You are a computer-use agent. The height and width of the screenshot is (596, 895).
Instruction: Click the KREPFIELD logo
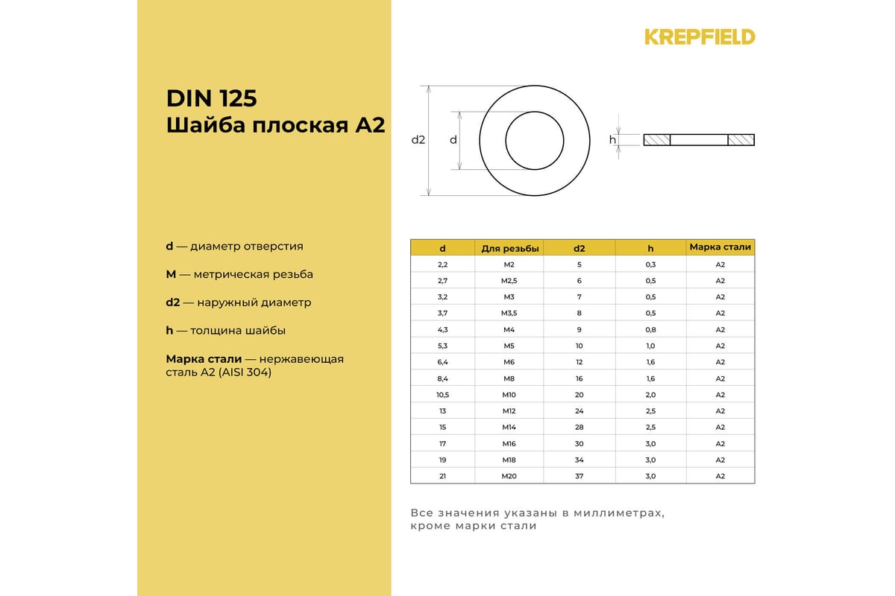(700, 37)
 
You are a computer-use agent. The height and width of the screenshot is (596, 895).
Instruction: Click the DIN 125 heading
(211, 99)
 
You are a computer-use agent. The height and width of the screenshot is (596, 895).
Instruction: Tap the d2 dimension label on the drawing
(418, 140)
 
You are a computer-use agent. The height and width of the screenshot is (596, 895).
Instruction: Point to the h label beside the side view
(612, 140)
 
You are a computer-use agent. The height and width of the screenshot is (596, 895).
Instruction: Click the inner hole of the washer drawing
(535, 140)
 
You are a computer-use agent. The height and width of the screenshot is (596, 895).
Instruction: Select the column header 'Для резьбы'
(509, 248)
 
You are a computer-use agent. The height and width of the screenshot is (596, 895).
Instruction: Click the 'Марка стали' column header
(720, 247)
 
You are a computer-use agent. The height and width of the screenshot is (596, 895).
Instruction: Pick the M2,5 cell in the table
(509, 281)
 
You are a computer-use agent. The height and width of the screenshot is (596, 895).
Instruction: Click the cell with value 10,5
(442, 395)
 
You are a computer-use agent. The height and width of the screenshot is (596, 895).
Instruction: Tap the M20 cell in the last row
(509, 476)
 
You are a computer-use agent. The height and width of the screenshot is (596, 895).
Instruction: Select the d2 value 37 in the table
(580, 476)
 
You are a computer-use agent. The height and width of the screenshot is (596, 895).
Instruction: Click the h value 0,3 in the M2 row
(650, 264)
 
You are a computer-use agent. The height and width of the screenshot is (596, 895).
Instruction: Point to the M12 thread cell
(509, 411)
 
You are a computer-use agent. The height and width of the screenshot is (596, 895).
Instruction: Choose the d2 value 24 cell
(580, 411)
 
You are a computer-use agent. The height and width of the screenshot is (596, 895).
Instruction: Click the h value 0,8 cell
(650, 329)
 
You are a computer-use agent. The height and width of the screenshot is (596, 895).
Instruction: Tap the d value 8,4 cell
(442, 378)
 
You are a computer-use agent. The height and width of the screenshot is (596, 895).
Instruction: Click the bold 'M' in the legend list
(171, 274)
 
